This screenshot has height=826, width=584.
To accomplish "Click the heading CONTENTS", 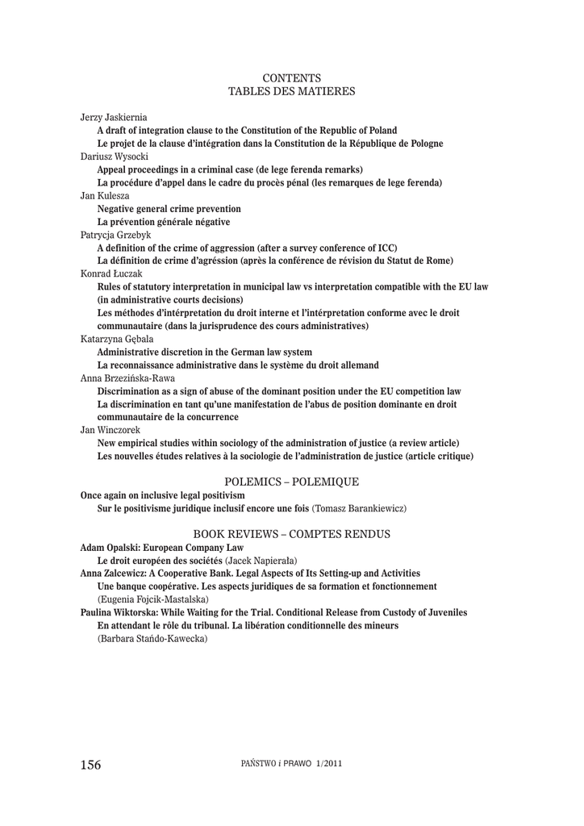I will (292, 78).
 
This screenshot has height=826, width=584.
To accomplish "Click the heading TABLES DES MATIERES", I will (292, 92).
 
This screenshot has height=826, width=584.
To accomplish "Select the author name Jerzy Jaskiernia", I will (114, 117).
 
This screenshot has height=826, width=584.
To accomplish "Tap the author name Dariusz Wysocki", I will (113, 156).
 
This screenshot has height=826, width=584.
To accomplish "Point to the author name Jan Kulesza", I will (105, 195).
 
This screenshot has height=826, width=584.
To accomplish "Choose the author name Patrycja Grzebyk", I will (115, 234).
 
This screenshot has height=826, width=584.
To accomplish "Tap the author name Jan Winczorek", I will (109, 430).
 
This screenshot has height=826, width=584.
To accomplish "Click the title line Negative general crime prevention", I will (169, 208).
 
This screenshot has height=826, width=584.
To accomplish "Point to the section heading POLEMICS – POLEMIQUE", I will (291, 481).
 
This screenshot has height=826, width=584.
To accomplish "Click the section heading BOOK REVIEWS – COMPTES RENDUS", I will (292, 534).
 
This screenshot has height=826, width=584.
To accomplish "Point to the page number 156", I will (91, 765).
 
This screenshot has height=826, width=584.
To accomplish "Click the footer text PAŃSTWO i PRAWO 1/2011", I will (286, 763).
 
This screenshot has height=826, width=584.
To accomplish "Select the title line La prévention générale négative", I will (163, 221).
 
